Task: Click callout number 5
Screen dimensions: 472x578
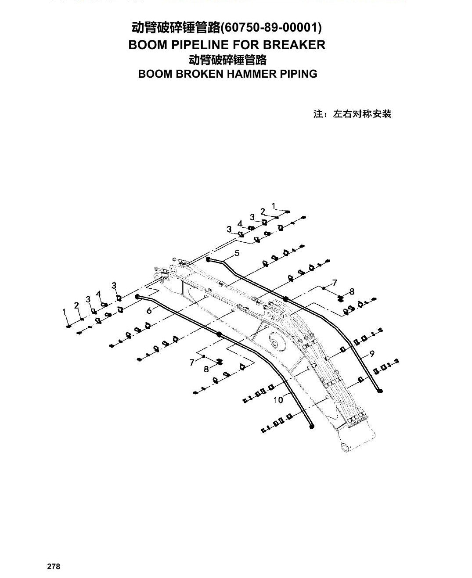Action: point(237,253)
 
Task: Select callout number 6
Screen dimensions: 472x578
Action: point(149,311)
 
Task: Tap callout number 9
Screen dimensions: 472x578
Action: point(372,354)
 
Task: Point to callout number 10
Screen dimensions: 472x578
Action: point(278,400)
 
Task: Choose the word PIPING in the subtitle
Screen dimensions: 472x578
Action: point(299,74)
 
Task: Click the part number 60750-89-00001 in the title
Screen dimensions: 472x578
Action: point(271,28)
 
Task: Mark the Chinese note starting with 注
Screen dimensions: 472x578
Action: point(353,114)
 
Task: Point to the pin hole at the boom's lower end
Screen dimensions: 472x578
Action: point(344,447)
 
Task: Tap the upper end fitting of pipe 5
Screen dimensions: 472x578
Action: point(208,259)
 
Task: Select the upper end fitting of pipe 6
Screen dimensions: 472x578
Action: point(138,297)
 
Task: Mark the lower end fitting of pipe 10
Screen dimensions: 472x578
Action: point(312,426)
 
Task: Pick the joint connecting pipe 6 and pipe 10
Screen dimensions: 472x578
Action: point(219,334)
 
